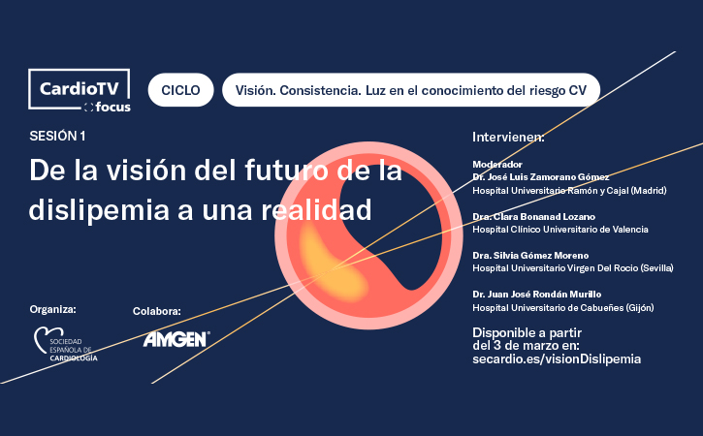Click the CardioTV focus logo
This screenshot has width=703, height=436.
point(80,90)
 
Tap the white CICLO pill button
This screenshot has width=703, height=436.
point(180,90)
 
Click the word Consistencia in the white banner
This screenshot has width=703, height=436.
point(320,90)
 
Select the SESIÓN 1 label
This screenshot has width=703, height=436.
point(57,137)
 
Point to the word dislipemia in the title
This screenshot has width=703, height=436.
point(99,209)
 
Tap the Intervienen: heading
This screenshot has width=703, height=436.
point(508,137)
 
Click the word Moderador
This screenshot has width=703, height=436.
point(497,165)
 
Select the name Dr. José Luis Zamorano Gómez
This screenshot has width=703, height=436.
point(541,177)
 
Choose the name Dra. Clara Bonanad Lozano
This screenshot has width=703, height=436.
point(534,217)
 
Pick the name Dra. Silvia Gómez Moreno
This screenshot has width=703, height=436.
point(530,256)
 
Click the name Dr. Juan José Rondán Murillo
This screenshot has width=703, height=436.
point(536,295)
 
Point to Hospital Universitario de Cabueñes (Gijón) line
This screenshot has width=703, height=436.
point(563,308)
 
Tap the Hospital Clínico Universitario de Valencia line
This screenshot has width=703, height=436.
point(560,230)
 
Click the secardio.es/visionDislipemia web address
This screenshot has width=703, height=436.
point(557,358)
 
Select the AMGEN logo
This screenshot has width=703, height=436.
point(176,339)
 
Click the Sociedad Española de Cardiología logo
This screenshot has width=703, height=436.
point(66,344)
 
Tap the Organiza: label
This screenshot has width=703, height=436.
point(53,309)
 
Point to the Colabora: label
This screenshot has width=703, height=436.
point(157,311)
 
